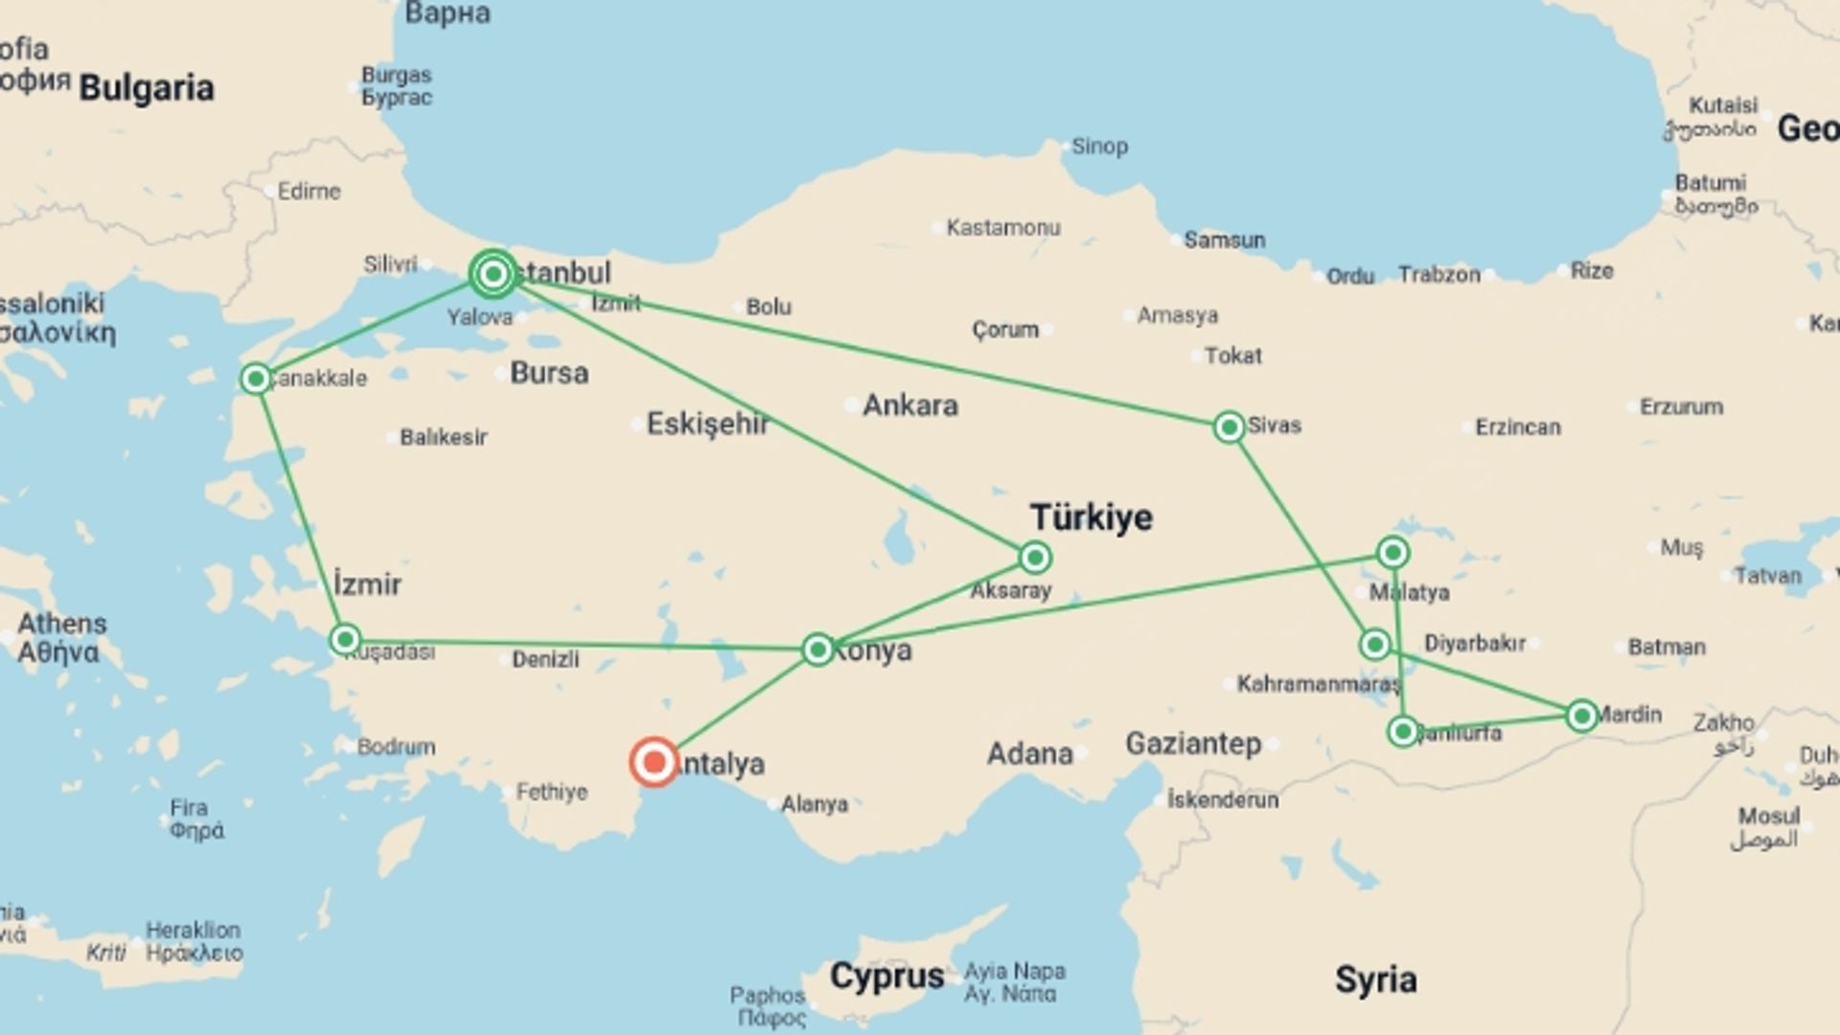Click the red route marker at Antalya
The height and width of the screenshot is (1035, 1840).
tap(655, 762)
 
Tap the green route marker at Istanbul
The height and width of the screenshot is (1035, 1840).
tap(494, 275)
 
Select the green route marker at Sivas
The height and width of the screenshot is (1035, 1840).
tap(1229, 426)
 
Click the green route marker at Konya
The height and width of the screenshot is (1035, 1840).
tap(817, 650)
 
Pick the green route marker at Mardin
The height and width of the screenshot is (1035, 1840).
tap(1581, 716)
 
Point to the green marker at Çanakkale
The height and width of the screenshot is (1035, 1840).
tap(256, 379)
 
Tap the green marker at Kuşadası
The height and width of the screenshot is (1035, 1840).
tap(345, 639)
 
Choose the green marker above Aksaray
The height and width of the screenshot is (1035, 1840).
tap(1035, 557)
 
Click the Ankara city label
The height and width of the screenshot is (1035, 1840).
tap(910, 405)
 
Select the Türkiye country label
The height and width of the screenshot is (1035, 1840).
tap(1092, 517)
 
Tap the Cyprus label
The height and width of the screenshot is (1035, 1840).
tap(887, 977)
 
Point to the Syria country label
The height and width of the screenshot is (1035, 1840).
tap(1375, 979)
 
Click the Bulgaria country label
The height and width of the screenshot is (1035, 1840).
tap(147, 88)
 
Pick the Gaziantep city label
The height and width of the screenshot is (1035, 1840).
tap(1193, 744)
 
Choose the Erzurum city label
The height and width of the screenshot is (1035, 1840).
tap(1681, 406)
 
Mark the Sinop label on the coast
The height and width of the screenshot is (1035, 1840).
tap(1099, 147)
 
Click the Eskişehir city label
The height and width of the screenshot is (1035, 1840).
tap(707, 424)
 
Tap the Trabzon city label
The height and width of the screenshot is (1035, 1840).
tap(1438, 275)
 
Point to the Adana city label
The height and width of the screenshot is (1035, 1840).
tap(1029, 753)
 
